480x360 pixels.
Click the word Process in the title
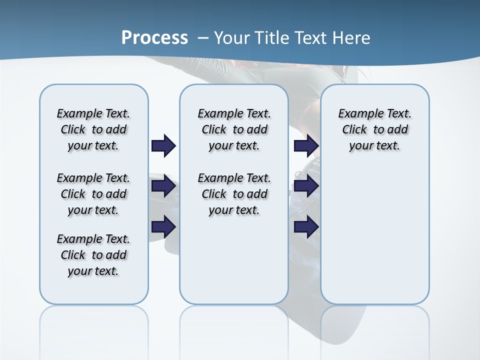pyautogui.click(x=154, y=37)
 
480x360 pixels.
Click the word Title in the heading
pyautogui.click(x=273, y=37)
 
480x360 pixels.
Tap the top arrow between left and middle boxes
pyautogui.click(x=163, y=146)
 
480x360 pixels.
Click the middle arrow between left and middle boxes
pyautogui.click(x=163, y=186)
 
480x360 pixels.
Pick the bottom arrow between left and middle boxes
pyautogui.click(x=163, y=226)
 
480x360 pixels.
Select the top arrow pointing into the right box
pyautogui.click(x=306, y=146)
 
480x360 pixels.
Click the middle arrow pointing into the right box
pyautogui.click(x=306, y=186)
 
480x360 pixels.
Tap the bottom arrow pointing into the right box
pyautogui.click(x=306, y=226)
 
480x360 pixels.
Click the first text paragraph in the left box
pyautogui.click(x=93, y=129)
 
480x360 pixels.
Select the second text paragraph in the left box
pyautogui.click(x=93, y=194)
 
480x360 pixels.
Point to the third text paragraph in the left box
pyautogui.click(x=93, y=255)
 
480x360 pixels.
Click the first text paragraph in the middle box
pyautogui.click(x=234, y=129)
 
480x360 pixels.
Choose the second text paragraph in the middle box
pyautogui.click(x=234, y=194)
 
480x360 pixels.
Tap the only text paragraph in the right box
pyautogui.click(x=375, y=129)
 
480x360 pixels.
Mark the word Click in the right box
pyautogui.click(x=354, y=129)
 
